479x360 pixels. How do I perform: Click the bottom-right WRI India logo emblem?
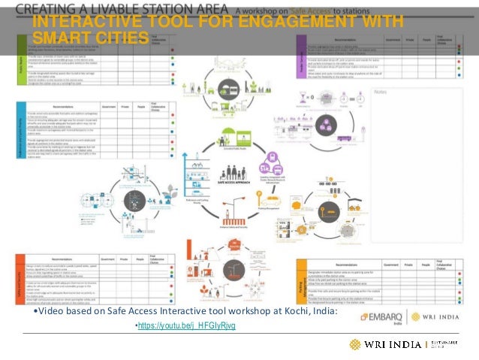[354, 344]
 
